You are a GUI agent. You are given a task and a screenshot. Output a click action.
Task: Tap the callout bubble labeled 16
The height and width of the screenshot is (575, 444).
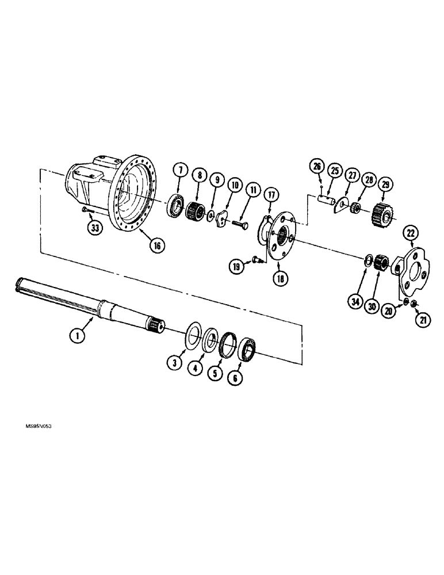pos(156,245)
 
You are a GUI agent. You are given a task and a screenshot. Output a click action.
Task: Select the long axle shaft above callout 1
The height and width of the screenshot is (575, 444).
pos(86,300)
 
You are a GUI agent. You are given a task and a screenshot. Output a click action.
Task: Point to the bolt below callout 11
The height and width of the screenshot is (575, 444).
pos(240,220)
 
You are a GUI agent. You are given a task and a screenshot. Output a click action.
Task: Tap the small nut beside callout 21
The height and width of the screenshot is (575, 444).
pos(416,304)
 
